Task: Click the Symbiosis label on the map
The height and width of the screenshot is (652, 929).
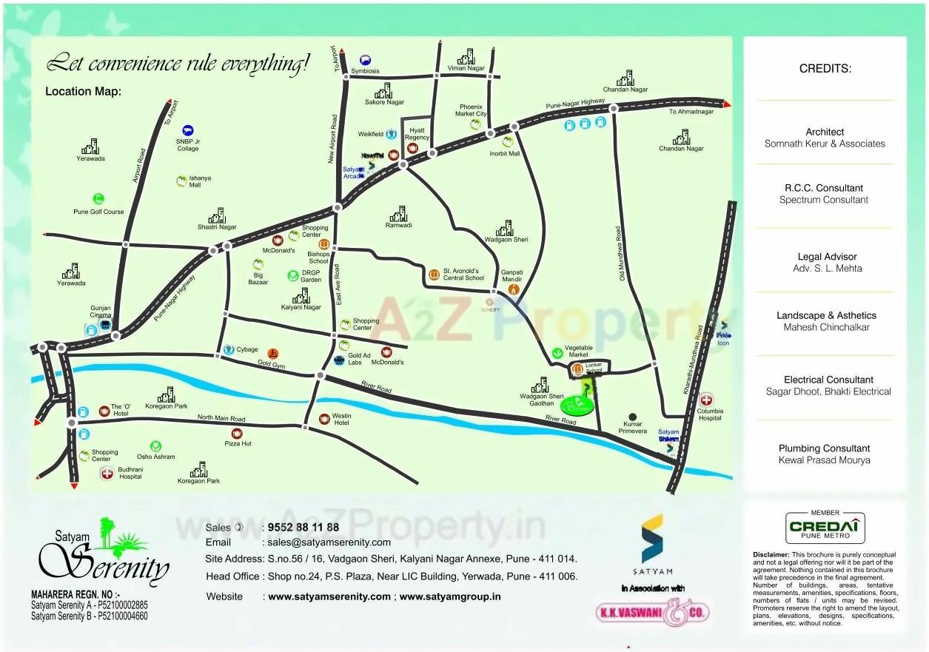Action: [365, 71]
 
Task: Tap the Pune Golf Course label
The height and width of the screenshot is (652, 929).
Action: [98, 212]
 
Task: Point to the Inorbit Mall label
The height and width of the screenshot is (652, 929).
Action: [505, 154]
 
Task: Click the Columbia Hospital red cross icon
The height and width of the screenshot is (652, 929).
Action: [706, 400]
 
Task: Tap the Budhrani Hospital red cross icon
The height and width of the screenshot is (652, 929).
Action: [107, 472]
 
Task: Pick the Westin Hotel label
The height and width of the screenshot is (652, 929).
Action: [341, 420]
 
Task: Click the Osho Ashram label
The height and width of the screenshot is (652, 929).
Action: [156, 457]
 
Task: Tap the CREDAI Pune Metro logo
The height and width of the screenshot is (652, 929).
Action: [825, 528]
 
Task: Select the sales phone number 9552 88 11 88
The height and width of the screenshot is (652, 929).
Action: [303, 528]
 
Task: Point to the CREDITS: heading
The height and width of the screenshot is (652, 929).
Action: [825, 69]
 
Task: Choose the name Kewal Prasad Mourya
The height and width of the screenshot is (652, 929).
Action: [824, 460]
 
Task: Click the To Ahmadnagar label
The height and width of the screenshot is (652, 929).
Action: [691, 112]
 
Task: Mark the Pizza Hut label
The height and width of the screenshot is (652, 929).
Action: [238, 443]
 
